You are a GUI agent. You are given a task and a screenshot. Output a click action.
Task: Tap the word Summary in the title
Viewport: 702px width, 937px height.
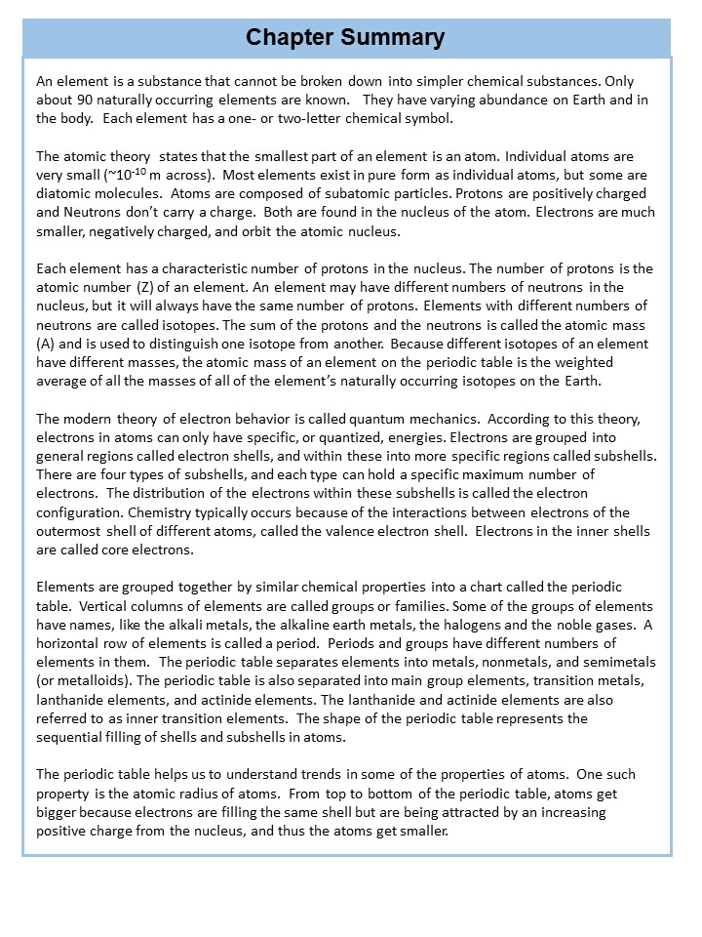point(397,37)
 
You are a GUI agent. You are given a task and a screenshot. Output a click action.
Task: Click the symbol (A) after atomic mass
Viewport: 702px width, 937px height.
point(48,344)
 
